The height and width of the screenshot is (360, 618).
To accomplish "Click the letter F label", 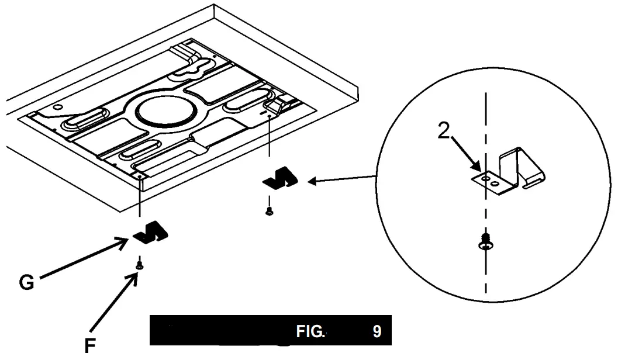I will pos(90,346).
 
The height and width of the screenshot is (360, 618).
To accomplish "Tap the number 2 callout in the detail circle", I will pos(445,131).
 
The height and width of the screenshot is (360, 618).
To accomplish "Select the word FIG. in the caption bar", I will pos(310,332).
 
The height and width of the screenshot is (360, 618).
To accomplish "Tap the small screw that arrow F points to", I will pos(140,265).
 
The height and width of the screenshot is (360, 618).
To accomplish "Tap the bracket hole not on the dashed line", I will pos(496,184).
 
